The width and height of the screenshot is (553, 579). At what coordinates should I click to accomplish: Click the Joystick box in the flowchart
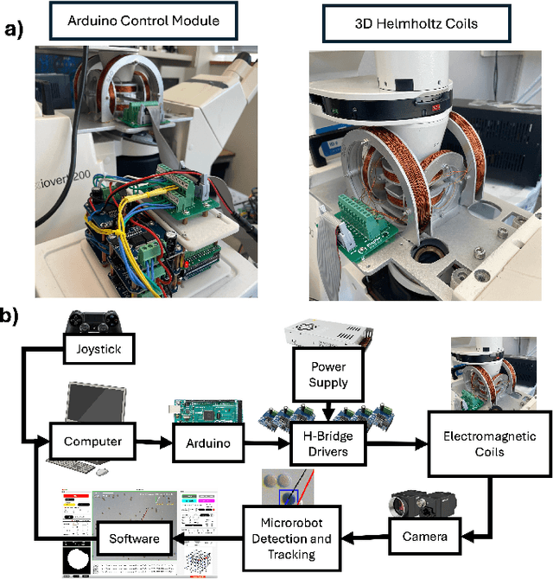(97, 351)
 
